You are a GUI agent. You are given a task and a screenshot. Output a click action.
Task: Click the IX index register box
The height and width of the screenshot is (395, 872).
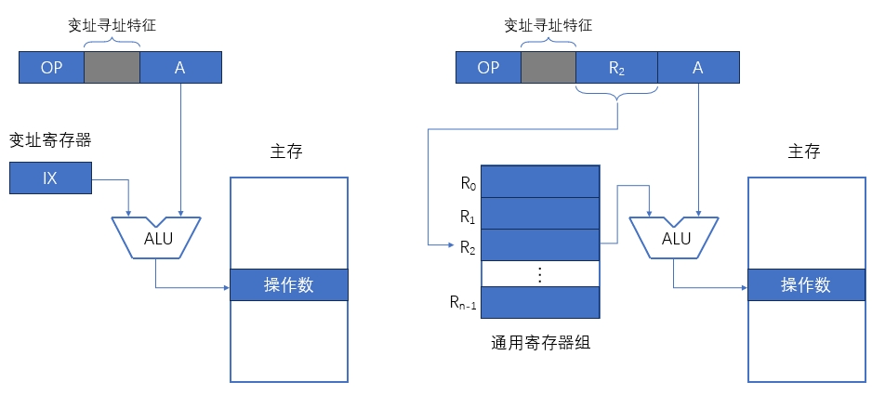click(50, 178)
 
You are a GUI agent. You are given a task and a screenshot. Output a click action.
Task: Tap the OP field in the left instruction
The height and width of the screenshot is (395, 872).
click(51, 67)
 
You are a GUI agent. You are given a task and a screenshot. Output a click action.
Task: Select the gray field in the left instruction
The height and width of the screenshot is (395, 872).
click(112, 67)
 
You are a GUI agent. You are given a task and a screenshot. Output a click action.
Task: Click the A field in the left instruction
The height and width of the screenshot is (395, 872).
click(180, 67)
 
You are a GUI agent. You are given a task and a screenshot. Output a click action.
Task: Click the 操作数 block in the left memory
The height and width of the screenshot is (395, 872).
click(288, 284)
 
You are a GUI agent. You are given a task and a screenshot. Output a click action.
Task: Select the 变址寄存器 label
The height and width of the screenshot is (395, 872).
click(51, 141)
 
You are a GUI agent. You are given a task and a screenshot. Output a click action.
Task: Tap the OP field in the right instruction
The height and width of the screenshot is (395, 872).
click(488, 67)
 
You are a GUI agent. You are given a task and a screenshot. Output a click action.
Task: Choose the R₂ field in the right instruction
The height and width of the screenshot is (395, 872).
click(616, 67)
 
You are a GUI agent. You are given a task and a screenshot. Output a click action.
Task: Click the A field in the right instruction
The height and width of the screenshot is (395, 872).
click(698, 67)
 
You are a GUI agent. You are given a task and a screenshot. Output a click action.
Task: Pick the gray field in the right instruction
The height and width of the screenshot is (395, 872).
click(548, 67)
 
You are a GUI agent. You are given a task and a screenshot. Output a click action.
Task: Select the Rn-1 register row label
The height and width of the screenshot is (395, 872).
click(463, 303)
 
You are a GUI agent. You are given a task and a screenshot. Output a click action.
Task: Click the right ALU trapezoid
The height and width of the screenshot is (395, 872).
click(676, 237)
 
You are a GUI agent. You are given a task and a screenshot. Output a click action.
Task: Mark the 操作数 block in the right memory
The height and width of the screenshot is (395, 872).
click(805, 284)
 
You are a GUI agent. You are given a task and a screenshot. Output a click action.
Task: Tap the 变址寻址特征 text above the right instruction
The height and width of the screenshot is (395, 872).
click(549, 26)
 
